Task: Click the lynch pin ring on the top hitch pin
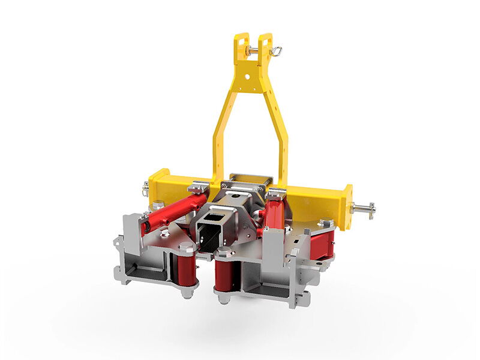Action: point(276,52)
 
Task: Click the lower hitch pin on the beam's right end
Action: point(364,209)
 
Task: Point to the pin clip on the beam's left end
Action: point(146,189)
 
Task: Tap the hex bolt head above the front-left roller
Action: point(187,247)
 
